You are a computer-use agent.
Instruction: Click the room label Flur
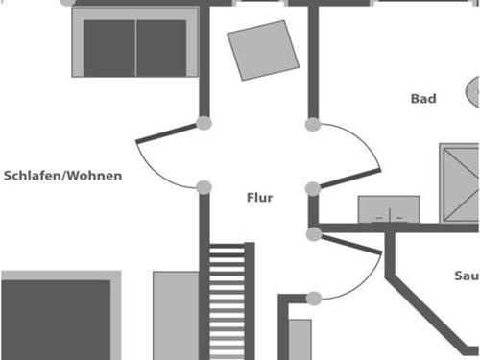(259, 198)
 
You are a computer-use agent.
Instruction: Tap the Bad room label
(423, 98)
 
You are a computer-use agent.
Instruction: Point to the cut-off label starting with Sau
(466, 276)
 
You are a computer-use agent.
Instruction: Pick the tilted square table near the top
(263, 50)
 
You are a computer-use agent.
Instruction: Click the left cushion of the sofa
(109, 47)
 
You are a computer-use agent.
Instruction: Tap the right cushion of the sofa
(161, 47)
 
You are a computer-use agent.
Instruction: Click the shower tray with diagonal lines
(460, 182)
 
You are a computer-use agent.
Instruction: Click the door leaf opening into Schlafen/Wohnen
(170, 132)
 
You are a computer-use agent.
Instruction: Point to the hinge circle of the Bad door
(312, 188)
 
